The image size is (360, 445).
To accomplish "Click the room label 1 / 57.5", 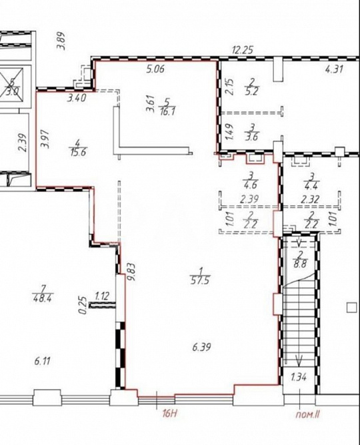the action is tap(200, 276).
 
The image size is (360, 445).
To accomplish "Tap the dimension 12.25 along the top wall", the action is tap(242, 50).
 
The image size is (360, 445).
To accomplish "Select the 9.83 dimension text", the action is tap(132, 272).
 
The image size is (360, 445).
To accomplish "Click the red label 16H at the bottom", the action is tap(169, 414).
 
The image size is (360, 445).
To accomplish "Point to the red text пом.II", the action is tap(308, 414).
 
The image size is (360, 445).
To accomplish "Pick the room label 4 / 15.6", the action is tap(77, 147).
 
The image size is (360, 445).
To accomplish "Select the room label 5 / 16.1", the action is tap(167, 107).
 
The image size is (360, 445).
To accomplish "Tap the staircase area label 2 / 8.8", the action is tap(301, 260).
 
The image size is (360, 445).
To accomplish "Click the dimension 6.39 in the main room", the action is tap(201, 347).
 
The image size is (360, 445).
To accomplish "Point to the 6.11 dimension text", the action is tap(42, 361).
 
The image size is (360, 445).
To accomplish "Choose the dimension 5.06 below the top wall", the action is tap(155, 69).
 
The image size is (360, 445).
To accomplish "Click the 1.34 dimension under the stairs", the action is tap(299, 378).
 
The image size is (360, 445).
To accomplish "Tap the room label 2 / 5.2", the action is tap(251, 87).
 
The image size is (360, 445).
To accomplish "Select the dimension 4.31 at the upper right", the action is tap(334, 69).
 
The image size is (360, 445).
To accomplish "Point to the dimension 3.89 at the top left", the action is tap(61, 41).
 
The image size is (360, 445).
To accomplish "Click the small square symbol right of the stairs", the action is tap(352, 308).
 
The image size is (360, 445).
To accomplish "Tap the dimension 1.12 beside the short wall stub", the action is tap(101, 296).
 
